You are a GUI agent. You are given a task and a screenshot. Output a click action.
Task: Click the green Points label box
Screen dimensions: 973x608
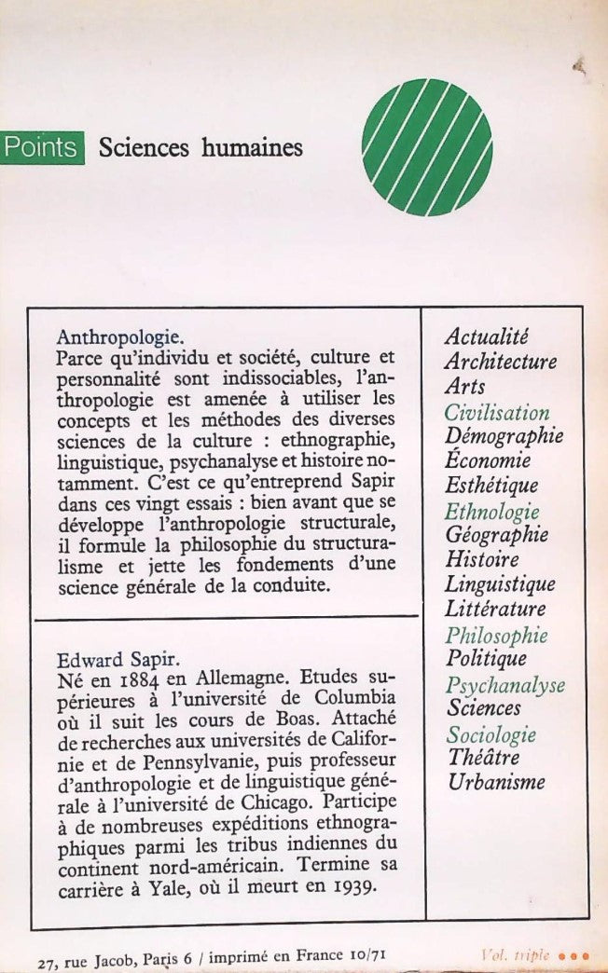(42, 148)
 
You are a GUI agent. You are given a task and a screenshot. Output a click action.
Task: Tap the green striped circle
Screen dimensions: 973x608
(427, 147)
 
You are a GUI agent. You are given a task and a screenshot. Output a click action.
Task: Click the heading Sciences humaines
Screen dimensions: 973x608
(200, 147)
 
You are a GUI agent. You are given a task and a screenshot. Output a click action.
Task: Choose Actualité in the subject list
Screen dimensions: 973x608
(487, 336)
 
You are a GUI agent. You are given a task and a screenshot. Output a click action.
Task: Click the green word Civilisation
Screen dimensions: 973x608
(497, 411)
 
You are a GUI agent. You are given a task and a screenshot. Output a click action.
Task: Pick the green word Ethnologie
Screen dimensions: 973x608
(492, 511)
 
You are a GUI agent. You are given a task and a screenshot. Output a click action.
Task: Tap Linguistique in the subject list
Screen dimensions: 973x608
(500, 584)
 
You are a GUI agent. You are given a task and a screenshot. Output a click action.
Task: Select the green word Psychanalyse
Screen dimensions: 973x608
(505, 685)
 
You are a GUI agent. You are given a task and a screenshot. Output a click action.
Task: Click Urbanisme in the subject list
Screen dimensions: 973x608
(496, 782)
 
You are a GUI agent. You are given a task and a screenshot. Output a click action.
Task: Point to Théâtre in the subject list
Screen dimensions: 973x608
(483, 758)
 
